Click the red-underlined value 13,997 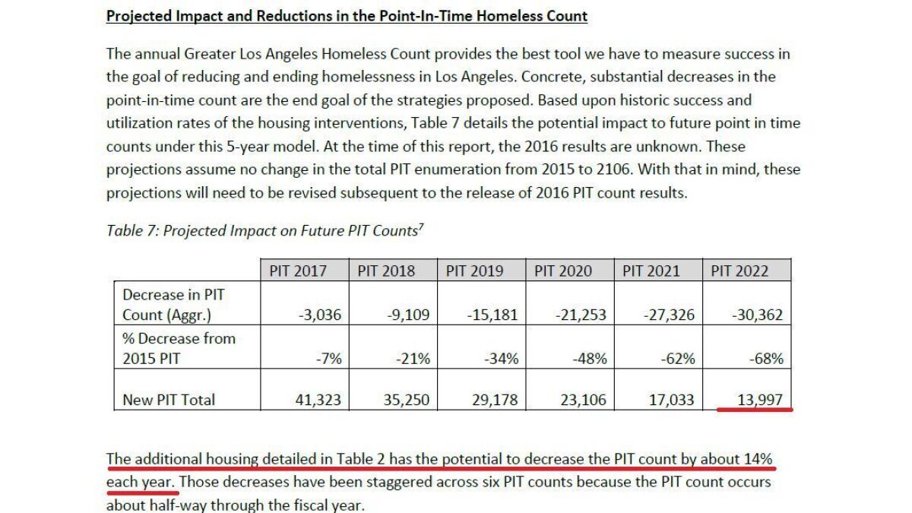pos(760,400)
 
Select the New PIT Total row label pos(169,400)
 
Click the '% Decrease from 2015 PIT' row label pos(179,349)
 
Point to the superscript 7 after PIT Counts pos(421,226)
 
